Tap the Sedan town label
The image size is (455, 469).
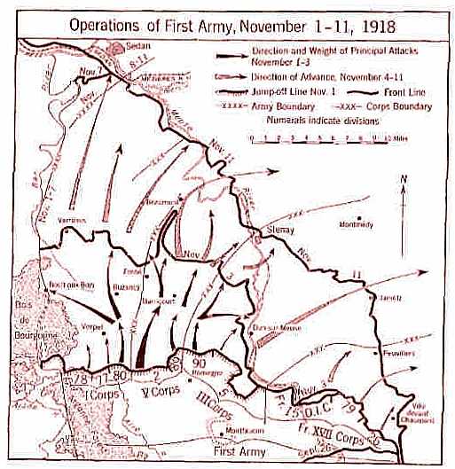[124, 43]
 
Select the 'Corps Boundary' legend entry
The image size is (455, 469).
[390, 107]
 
